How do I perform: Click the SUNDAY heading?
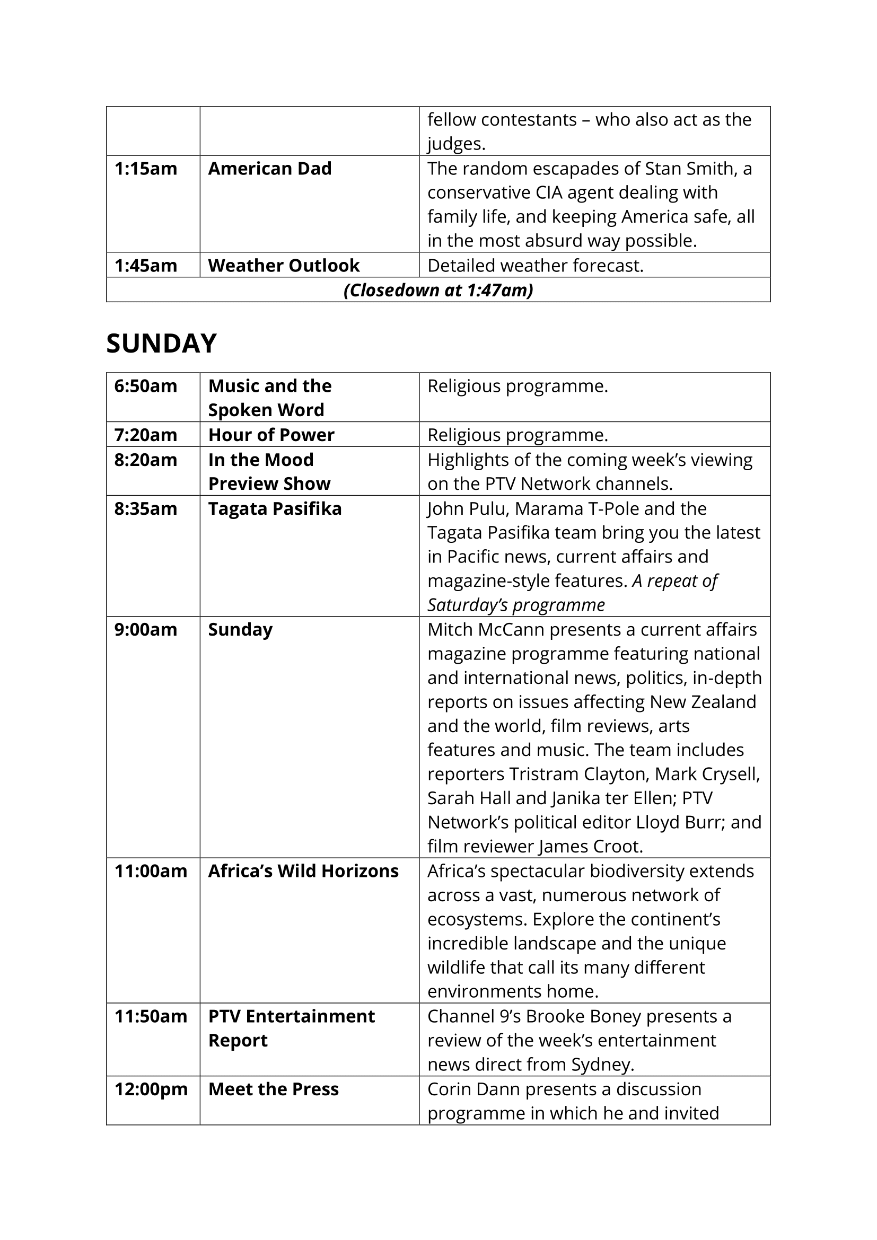[x=161, y=344]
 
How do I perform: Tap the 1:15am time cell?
[x=146, y=169]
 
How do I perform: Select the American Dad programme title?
[x=269, y=169]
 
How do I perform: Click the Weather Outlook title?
[x=284, y=266]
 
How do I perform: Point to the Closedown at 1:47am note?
[x=438, y=291]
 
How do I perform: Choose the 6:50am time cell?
[x=146, y=386]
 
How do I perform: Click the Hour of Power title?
[x=271, y=435]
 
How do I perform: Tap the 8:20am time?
[x=146, y=460]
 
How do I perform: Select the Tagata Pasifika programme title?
[x=275, y=509]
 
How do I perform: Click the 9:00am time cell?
[x=146, y=630]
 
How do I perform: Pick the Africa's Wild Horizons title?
[x=303, y=871]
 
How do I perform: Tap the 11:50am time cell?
[x=151, y=1016]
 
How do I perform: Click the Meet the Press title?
[x=273, y=1089]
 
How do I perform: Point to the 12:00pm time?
[x=151, y=1089]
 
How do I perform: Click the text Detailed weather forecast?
[x=535, y=266]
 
